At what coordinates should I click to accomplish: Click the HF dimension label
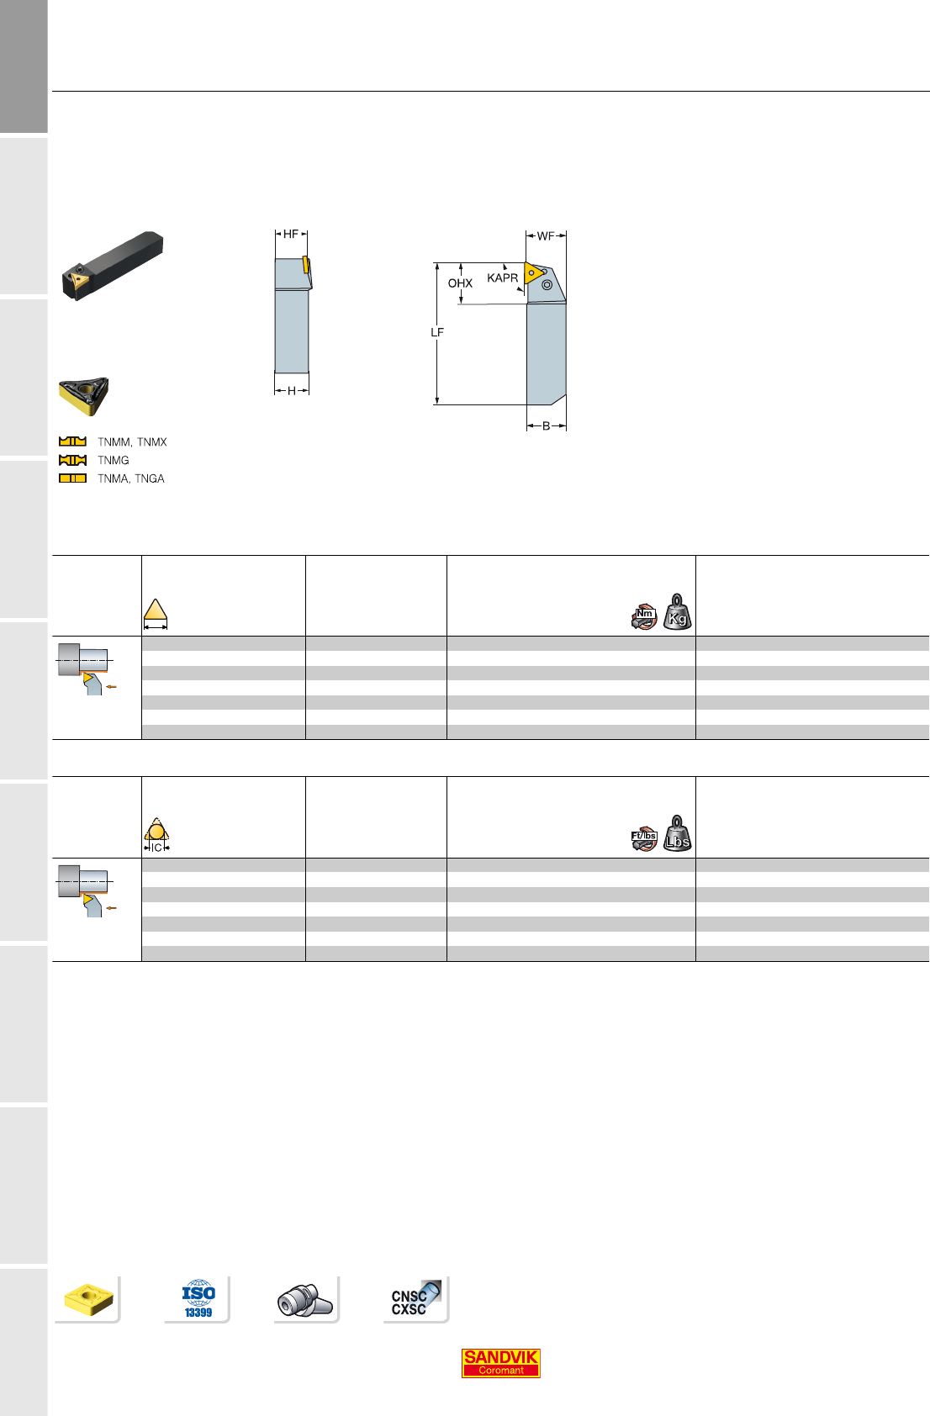click(x=291, y=234)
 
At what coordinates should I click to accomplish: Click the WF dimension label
click(x=546, y=235)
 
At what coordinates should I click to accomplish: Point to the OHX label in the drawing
click(x=460, y=283)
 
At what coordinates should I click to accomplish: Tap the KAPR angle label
click(x=503, y=277)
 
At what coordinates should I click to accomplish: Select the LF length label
click(x=437, y=332)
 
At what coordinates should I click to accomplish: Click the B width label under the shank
click(x=547, y=426)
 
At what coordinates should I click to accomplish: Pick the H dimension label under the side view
click(x=292, y=391)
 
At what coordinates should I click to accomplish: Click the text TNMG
click(x=114, y=460)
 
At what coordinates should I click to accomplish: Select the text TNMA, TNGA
click(x=131, y=478)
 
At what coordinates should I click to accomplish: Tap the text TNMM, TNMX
click(x=132, y=441)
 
